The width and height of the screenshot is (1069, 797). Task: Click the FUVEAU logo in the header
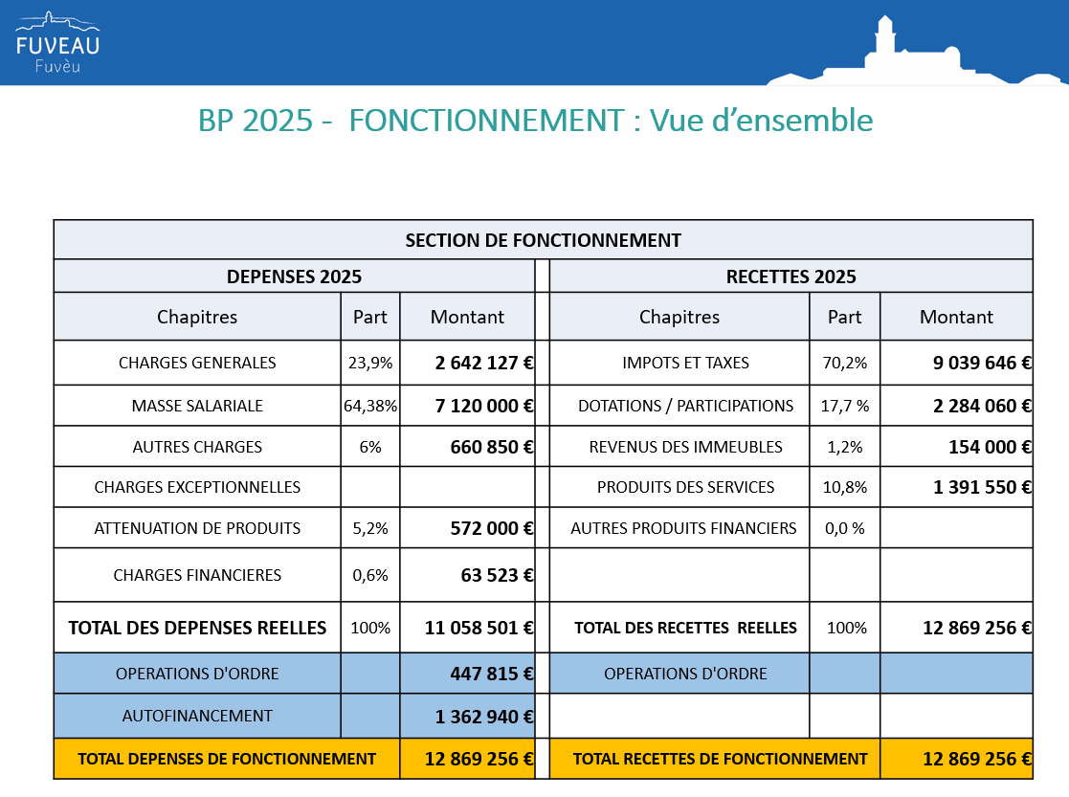click(x=58, y=42)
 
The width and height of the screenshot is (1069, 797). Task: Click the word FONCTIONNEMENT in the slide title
click(x=487, y=121)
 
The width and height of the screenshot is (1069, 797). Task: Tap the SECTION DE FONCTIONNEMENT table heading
click(x=544, y=241)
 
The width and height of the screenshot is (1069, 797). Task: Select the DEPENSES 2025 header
click(x=294, y=277)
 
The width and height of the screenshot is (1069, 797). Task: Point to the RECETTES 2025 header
click(x=791, y=277)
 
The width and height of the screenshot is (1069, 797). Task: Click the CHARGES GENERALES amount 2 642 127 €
click(x=484, y=363)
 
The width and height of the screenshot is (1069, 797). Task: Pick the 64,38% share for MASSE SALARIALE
click(x=370, y=406)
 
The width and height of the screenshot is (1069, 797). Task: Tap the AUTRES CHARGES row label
click(x=197, y=447)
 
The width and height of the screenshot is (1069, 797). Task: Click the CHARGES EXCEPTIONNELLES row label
click(x=197, y=487)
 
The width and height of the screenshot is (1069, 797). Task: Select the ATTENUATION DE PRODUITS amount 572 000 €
click(x=492, y=528)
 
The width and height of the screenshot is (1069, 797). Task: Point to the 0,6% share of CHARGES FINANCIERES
click(x=370, y=575)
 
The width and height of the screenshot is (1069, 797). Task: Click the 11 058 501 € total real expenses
click(x=479, y=628)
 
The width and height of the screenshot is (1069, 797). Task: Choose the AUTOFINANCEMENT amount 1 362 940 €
click(x=484, y=717)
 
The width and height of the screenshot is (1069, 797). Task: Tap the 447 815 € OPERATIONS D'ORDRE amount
click(x=492, y=674)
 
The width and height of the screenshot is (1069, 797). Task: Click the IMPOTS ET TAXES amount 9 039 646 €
click(x=982, y=363)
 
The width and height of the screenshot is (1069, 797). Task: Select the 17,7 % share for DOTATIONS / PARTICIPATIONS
click(x=845, y=406)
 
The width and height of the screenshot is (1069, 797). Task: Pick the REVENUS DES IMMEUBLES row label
click(x=686, y=447)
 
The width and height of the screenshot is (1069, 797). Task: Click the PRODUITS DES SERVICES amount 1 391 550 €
click(x=982, y=487)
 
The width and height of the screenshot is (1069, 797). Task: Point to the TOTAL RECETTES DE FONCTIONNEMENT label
click(x=720, y=759)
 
